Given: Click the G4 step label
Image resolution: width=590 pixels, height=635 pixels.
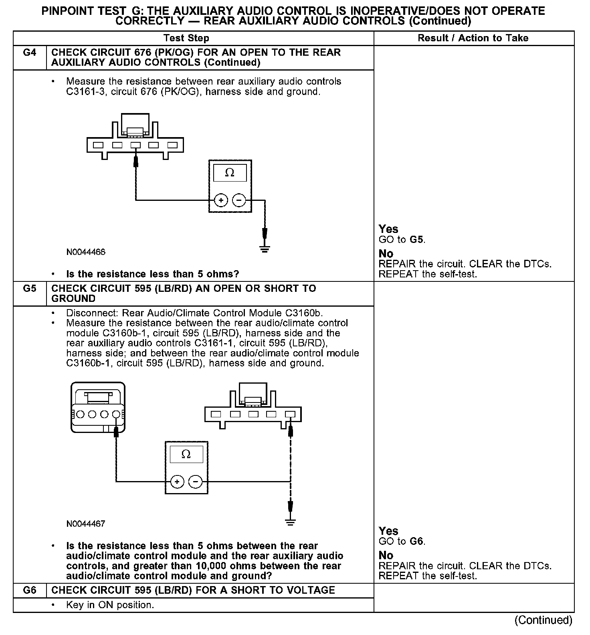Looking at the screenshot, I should [30, 53].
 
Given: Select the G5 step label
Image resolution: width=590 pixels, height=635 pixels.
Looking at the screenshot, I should [30, 289].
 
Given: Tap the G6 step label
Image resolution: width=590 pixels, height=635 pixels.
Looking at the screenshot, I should [30, 590].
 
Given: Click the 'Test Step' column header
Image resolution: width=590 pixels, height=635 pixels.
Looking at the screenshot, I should [186, 38].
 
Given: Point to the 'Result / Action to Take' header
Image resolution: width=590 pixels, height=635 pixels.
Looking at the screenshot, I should [473, 38].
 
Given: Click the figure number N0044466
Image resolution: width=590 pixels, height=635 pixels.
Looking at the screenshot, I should [86, 252].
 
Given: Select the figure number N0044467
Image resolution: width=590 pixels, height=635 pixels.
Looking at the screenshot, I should [86, 524].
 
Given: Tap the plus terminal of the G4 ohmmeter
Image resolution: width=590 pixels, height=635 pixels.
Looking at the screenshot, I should [221, 200].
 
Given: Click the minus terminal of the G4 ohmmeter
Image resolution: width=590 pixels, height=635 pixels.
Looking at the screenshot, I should [239, 200].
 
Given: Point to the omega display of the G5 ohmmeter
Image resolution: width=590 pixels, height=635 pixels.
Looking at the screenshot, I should [186, 454].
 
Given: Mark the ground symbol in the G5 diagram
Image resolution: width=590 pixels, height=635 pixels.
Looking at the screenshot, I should [290, 522].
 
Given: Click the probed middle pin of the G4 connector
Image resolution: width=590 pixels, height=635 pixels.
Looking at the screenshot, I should [135, 145].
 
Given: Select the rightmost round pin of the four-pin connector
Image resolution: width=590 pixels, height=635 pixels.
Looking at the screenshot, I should [116, 414].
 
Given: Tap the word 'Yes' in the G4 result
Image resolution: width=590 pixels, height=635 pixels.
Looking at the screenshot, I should [388, 229].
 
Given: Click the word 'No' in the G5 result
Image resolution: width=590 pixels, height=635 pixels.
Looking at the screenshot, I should [386, 556].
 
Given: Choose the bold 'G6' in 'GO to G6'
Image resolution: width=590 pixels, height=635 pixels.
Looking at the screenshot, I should [417, 542].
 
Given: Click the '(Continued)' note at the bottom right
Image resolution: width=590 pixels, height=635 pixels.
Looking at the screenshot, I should [544, 620].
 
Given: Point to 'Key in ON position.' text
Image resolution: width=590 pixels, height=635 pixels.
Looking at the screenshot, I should [110, 605].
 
